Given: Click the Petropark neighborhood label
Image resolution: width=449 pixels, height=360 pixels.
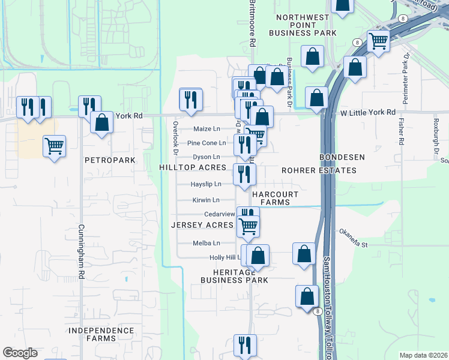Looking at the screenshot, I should tap(110, 160).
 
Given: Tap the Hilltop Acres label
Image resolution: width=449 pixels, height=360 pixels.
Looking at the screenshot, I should tap(192, 167).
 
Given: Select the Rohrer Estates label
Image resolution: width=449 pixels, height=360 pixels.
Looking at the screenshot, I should tap(319, 170).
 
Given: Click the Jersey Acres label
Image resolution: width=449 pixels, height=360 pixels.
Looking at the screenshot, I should tap(202, 225).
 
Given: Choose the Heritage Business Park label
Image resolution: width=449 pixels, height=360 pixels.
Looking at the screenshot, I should tap(234, 276).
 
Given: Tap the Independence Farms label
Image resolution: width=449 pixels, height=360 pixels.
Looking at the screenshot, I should tap(101, 334).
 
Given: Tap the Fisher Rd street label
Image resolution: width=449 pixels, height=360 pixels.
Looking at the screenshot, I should tap(401, 130).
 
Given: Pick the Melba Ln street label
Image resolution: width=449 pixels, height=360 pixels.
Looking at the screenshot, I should tap(206, 243).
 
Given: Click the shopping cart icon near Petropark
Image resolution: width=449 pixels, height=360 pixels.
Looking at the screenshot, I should tap(55, 145).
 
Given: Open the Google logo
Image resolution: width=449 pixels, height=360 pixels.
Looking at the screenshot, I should tap(20, 353).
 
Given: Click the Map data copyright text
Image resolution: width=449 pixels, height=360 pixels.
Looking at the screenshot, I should tap(423, 355).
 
